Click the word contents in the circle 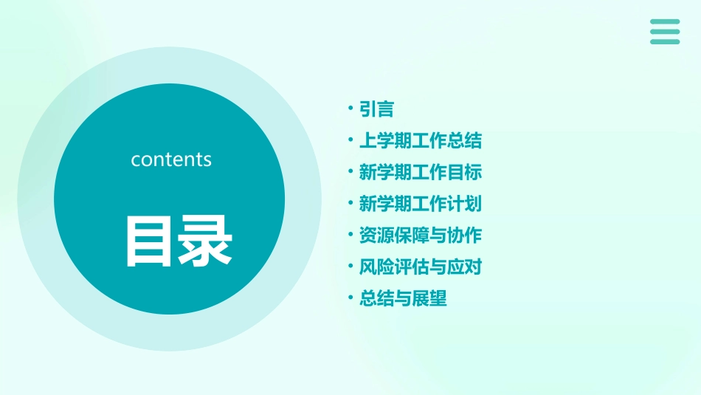click(x=171, y=159)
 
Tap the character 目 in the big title click(x=150, y=241)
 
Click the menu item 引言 click(x=376, y=109)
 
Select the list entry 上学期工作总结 click(x=420, y=141)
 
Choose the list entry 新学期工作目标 click(x=420, y=173)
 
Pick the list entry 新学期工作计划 click(x=420, y=204)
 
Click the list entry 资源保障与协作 click(x=420, y=236)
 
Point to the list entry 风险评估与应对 click(x=420, y=267)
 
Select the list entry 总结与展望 click(x=403, y=298)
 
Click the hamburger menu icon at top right click(x=665, y=32)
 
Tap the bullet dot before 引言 click(x=350, y=109)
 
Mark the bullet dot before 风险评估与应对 click(x=350, y=267)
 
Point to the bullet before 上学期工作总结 click(x=350, y=140)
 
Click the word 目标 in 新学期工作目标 click(x=466, y=173)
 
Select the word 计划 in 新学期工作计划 click(x=466, y=204)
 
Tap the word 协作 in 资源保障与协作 click(x=466, y=236)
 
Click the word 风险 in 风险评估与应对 click(x=376, y=267)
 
